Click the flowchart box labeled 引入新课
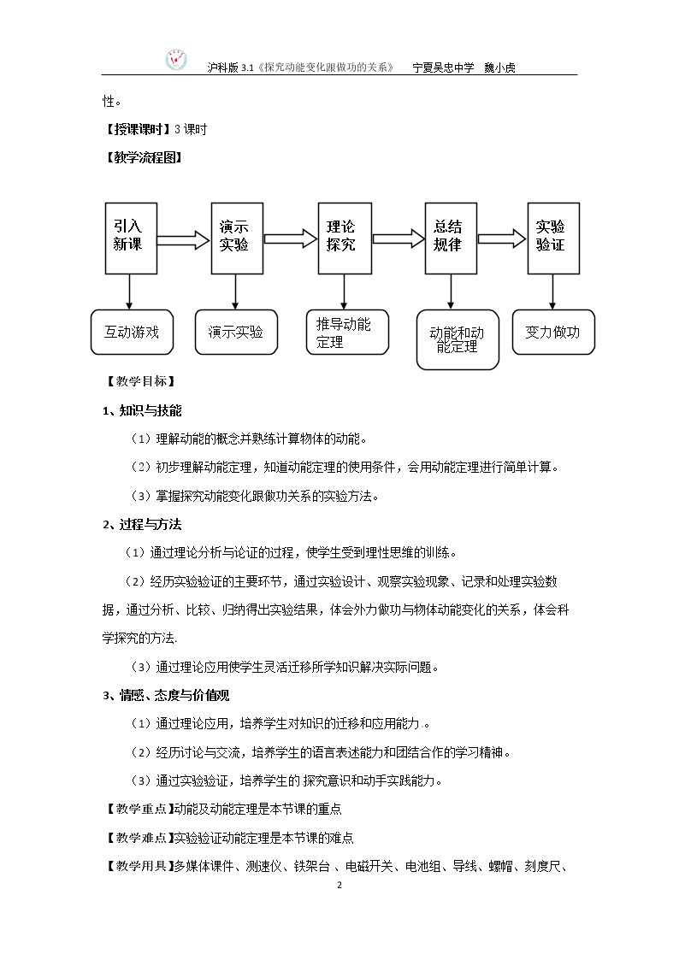coord(131,239)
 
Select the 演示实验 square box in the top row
coord(237,239)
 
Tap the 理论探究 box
coord(345,239)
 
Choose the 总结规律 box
coord(451,239)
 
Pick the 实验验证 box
coord(553,239)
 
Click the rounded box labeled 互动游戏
coord(133,332)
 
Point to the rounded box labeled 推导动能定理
coord(347,332)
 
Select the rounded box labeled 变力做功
coord(553,332)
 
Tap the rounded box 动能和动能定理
coord(458,339)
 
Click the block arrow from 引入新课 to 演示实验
coord(184,239)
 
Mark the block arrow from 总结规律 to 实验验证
coord(502,239)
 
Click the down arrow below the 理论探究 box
coord(344,292)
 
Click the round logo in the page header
coord(177,60)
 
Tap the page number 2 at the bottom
coord(339,885)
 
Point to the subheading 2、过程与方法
coord(142,524)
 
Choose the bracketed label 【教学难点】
coord(139,838)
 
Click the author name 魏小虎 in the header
coord(499,68)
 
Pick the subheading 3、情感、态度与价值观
coord(166,695)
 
